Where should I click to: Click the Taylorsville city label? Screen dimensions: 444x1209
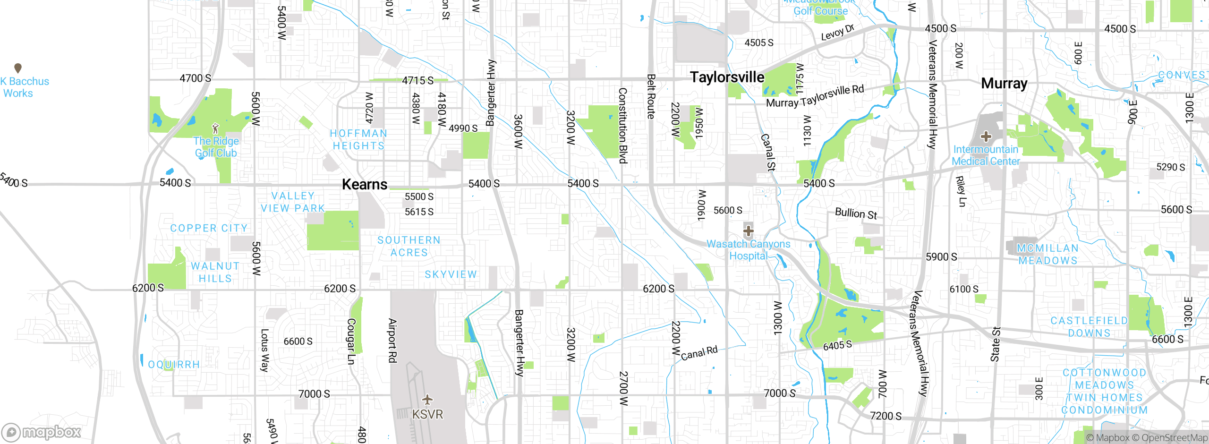tap(727, 77)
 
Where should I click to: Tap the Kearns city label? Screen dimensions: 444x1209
tap(365, 184)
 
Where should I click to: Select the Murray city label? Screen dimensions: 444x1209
tap(1004, 84)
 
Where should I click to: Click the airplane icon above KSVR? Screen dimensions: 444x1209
tap(427, 400)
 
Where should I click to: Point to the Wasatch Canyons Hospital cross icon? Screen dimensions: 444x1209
tap(749, 231)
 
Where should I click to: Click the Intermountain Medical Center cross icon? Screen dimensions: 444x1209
tap(986, 137)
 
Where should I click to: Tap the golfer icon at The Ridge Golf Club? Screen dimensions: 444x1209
tap(216, 128)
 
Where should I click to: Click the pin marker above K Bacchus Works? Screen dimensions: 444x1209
tap(18, 68)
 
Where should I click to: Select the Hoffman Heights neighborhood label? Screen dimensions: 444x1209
tap(358, 140)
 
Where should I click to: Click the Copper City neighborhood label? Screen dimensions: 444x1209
tap(209, 228)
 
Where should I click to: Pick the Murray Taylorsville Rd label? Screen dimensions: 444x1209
tap(815, 96)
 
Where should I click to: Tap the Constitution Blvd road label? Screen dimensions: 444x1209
tap(623, 126)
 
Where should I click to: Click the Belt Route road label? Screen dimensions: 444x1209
tap(651, 96)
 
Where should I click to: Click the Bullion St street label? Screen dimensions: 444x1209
tap(856, 213)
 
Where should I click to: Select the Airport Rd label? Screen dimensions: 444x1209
tap(392, 340)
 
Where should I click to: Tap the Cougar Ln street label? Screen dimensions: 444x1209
tap(351, 341)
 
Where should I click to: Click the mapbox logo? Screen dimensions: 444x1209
tap(41, 432)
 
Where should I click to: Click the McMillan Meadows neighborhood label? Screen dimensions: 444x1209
tap(1047, 255)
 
